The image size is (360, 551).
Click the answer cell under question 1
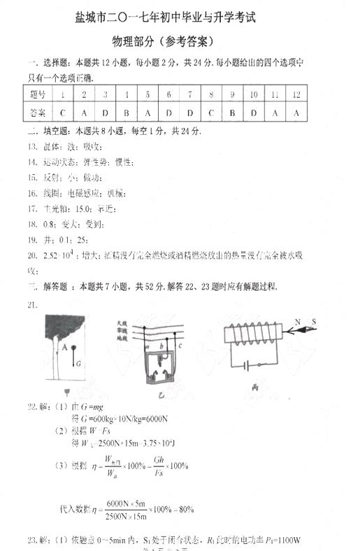[63, 113]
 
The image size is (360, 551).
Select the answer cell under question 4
[127, 113]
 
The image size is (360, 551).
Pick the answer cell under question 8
[211, 113]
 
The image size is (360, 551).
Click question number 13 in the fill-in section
[32, 147]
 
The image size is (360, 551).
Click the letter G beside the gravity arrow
[78, 364]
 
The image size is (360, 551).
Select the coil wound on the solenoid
[251, 335]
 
